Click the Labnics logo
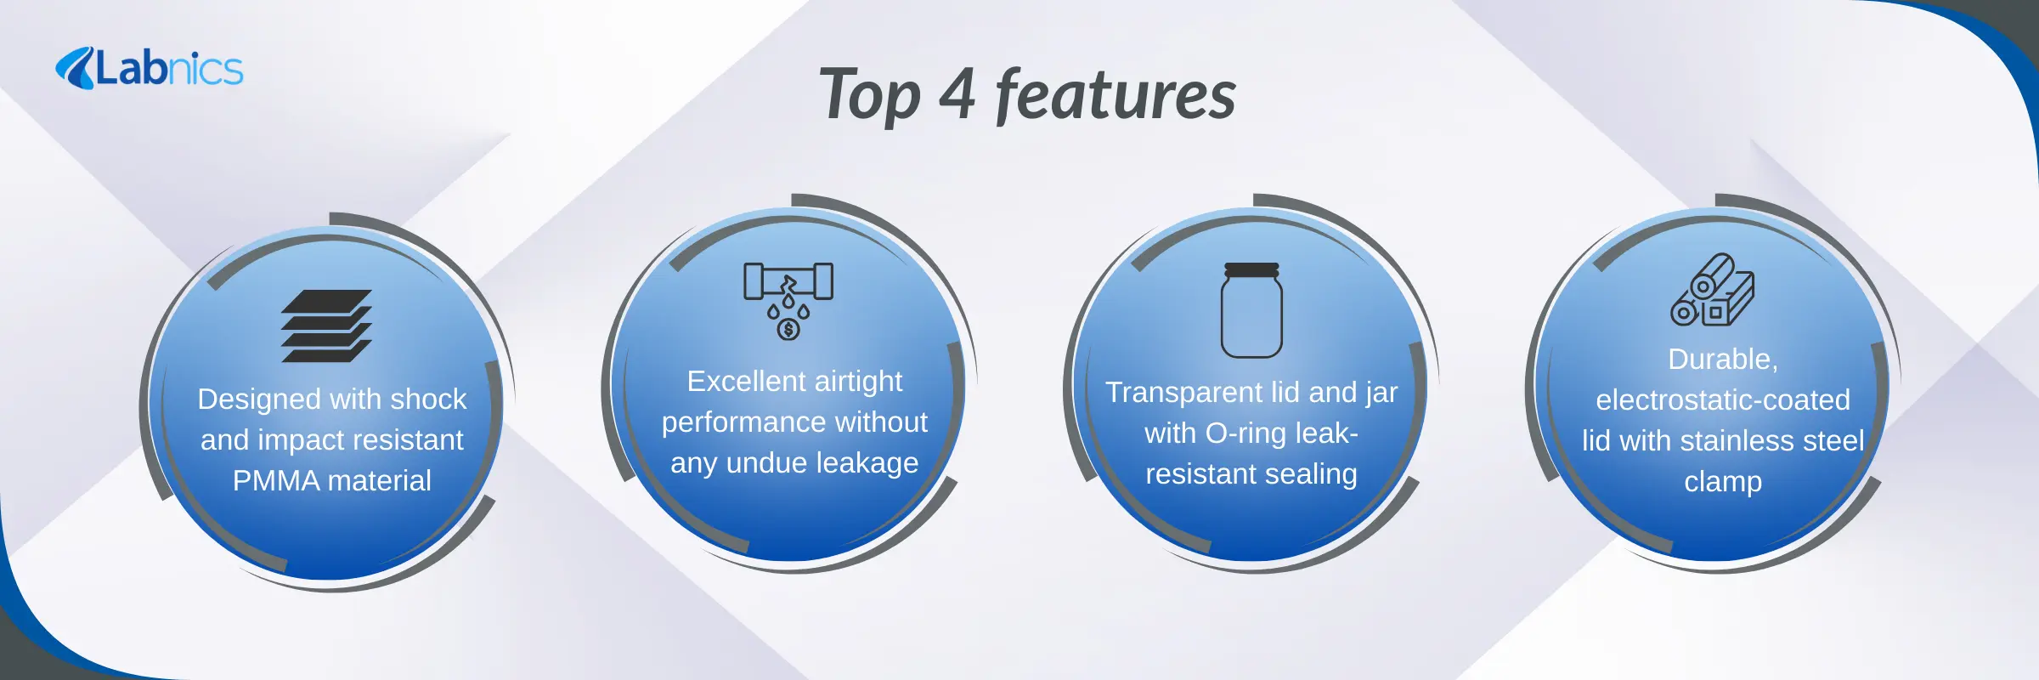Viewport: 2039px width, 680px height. click(x=150, y=68)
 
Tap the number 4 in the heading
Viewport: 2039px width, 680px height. click(x=957, y=95)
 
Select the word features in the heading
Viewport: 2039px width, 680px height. click(x=1116, y=94)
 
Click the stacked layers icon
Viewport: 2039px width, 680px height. click(x=327, y=326)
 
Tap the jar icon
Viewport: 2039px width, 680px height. click(x=1251, y=310)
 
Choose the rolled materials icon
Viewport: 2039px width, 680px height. click(x=1713, y=290)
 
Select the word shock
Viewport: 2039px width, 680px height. click(x=428, y=399)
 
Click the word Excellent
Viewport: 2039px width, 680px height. click(x=734, y=381)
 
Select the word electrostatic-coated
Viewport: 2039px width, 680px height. click(x=1723, y=399)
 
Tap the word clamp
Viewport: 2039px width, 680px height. click(x=1723, y=483)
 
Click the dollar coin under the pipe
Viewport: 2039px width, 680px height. click(x=788, y=329)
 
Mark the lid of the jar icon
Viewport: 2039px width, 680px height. click(x=1251, y=269)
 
